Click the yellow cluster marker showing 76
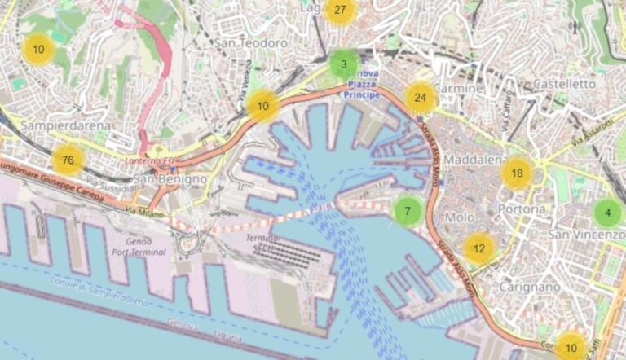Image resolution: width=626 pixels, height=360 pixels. (68, 160)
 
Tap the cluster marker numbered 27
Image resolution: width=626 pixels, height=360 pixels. (340, 11)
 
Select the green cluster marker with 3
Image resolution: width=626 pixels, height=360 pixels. (344, 64)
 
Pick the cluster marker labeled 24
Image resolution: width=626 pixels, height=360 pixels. (421, 98)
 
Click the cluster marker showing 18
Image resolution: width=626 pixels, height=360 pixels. (517, 173)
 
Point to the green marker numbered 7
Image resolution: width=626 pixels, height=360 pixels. (408, 212)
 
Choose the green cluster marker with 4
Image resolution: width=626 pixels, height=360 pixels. (606, 214)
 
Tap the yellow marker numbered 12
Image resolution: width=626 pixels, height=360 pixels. (479, 248)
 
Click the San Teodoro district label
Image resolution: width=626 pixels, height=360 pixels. (251, 42)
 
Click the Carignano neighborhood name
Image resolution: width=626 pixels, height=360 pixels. (531, 287)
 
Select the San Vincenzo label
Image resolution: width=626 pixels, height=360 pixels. (585, 235)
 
